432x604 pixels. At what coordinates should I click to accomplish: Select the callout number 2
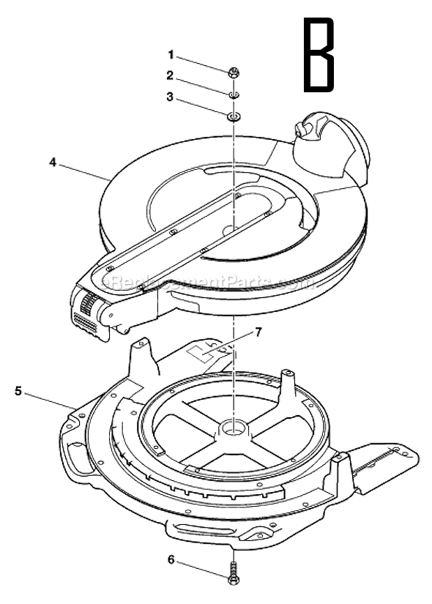[170, 75]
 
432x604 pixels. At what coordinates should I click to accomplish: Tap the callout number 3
[170, 97]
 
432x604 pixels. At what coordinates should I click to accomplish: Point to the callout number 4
[53, 163]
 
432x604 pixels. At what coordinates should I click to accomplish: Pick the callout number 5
[18, 391]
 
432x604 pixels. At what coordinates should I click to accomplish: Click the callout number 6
[171, 560]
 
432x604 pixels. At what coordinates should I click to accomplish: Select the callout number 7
[257, 332]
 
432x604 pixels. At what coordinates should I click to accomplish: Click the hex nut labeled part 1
[232, 72]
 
